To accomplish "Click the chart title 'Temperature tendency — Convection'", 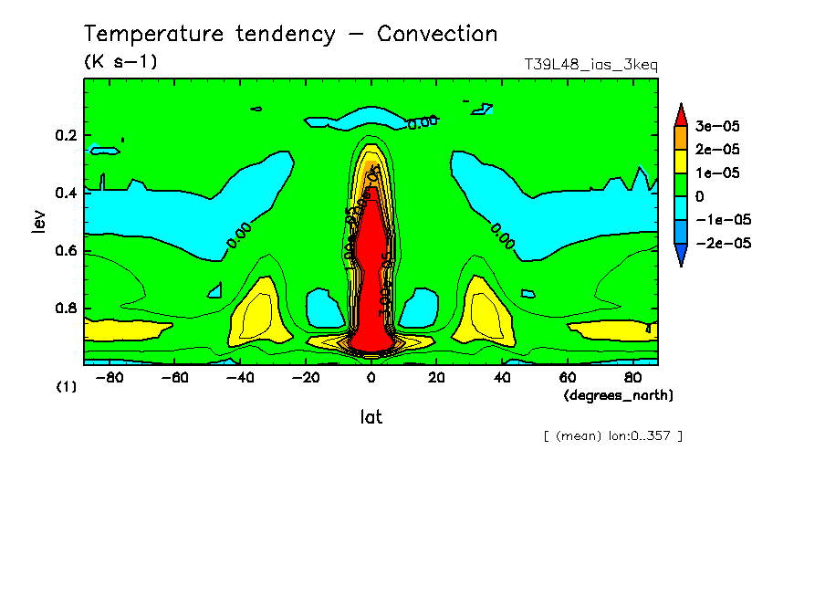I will click(290, 35).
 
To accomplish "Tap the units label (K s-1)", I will click(120, 63).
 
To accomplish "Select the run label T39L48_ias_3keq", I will click(590, 65).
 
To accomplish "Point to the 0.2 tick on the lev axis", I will click(66, 135).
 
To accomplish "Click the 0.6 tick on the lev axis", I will click(66, 250).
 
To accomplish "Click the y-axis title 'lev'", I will click(37, 222).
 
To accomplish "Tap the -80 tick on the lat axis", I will click(110, 377).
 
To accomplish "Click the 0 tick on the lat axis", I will click(371, 377).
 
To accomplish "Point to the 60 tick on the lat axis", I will click(567, 377).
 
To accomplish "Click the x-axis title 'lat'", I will click(371, 417).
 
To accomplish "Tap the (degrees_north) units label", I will click(619, 394).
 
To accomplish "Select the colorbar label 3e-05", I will click(717, 125).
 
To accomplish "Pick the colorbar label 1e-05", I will click(717, 173).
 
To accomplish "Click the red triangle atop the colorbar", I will click(680, 114).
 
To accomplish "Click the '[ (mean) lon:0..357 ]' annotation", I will click(612, 435).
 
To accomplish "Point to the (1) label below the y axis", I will click(67, 387).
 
